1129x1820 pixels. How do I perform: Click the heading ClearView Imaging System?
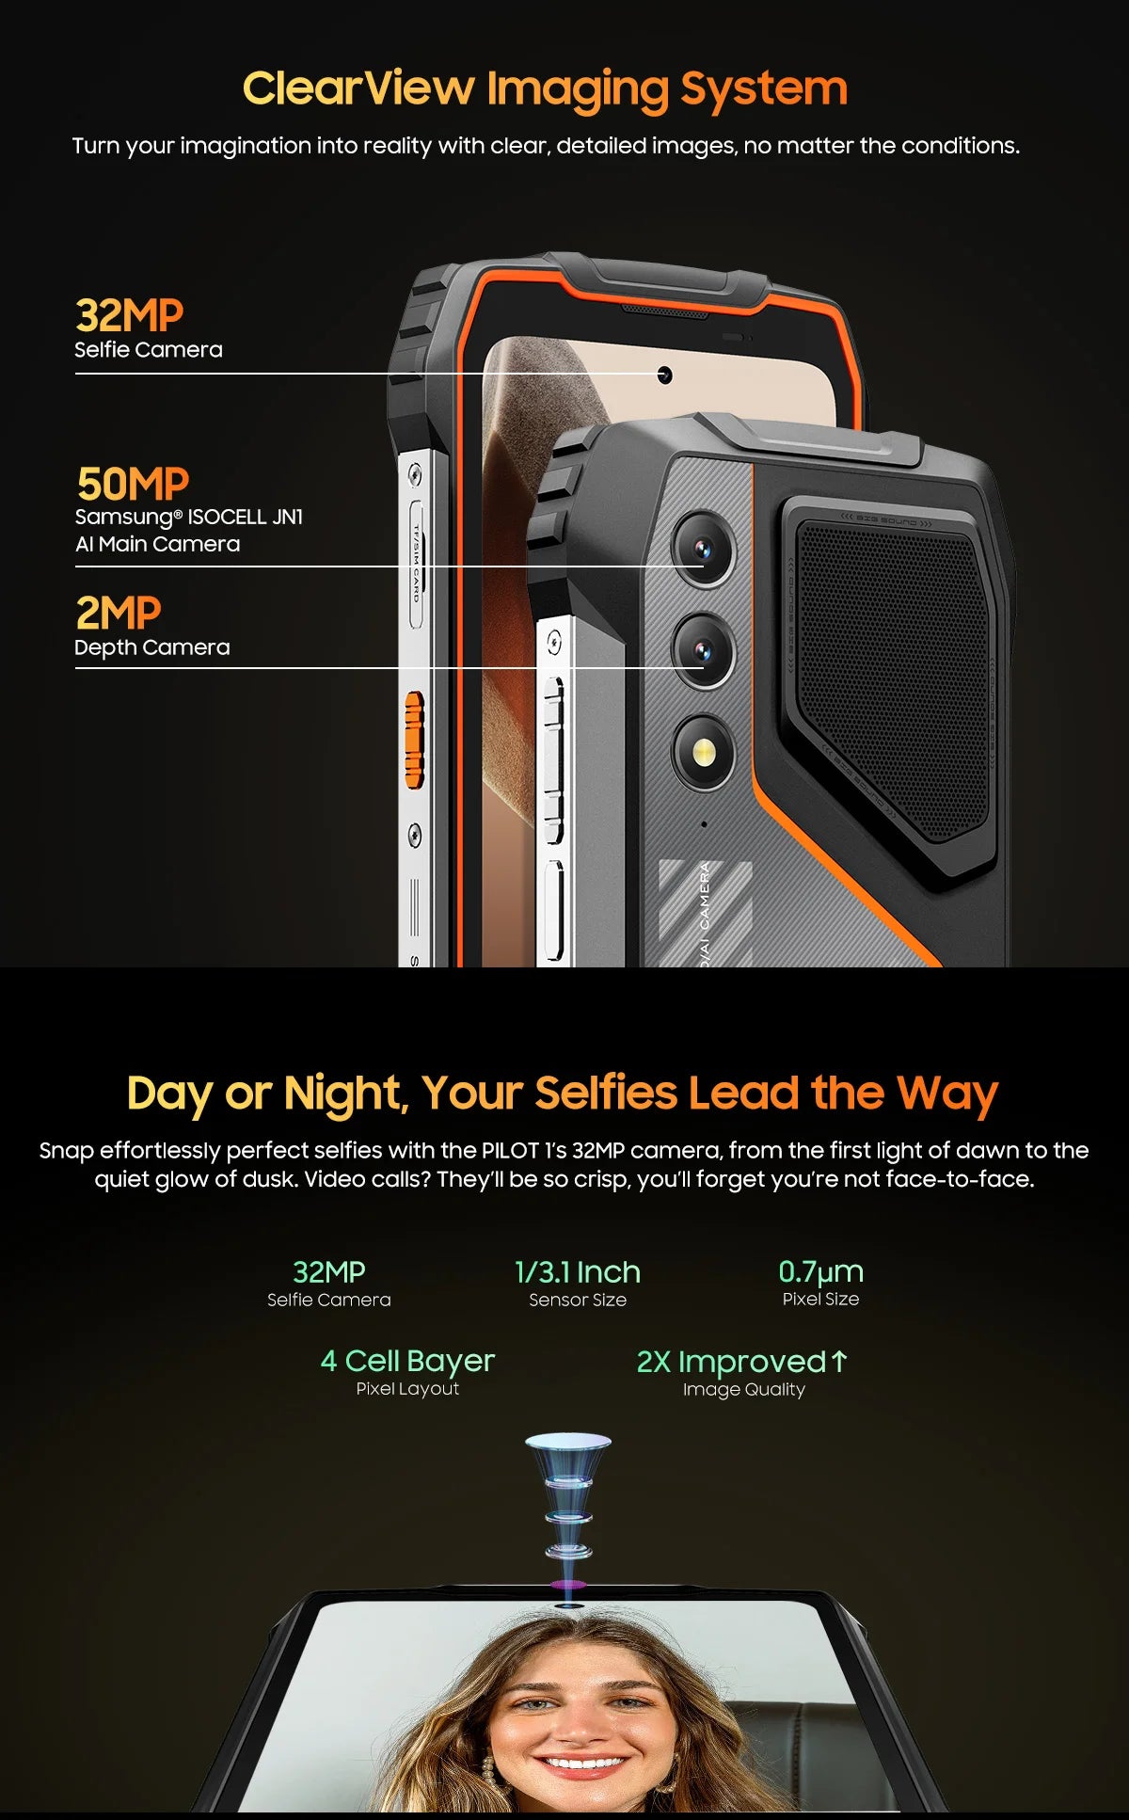pyautogui.click(x=545, y=89)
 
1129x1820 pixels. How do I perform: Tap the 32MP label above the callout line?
pyautogui.click(x=129, y=316)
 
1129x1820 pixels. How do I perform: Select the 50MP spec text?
pyautogui.click(x=133, y=485)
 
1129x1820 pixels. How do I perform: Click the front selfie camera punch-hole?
pyautogui.click(x=664, y=375)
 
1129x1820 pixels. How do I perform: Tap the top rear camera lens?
pyautogui.click(x=703, y=549)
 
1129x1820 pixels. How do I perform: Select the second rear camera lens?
pyautogui.click(x=703, y=650)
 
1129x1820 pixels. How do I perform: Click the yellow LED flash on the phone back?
pyautogui.click(x=703, y=751)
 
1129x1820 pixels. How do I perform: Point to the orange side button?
pyautogui.click(x=414, y=739)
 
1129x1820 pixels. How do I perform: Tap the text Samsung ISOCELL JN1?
pyautogui.click(x=188, y=518)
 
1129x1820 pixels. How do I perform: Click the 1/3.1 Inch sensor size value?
pyautogui.click(x=577, y=1272)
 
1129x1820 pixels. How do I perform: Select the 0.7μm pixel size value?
pyautogui.click(x=820, y=1272)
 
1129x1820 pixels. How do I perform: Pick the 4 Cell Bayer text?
pyautogui.click(x=407, y=1361)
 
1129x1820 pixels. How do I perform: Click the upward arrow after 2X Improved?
pyautogui.click(x=839, y=1361)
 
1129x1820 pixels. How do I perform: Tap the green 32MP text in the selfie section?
pyautogui.click(x=328, y=1272)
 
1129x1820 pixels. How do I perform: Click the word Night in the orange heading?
pyautogui.click(x=343, y=1094)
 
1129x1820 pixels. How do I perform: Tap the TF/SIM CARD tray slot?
pyautogui.click(x=415, y=565)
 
